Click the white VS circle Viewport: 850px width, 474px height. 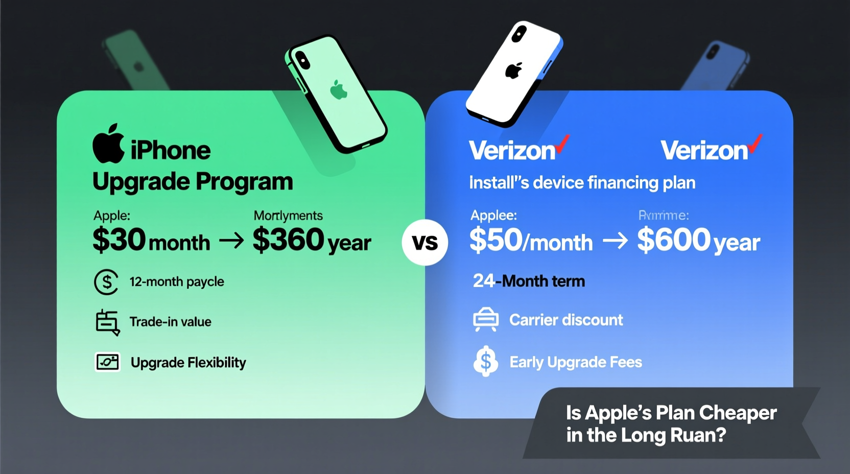click(424, 242)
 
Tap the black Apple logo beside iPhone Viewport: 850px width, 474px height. click(108, 144)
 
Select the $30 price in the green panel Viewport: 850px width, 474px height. click(119, 239)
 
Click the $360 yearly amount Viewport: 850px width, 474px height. click(289, 239)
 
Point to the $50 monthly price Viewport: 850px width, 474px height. click(496, 240)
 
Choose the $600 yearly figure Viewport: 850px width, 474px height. click(674, 239)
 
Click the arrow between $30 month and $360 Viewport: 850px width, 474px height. click(231, 241)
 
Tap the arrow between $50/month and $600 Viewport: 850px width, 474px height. click(615, 241)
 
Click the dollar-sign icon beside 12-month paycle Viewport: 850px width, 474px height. click(106, 282)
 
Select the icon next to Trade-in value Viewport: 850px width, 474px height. click(107, 322)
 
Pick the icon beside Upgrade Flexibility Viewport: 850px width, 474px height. click(107, 362)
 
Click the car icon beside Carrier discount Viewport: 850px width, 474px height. click(485, 320)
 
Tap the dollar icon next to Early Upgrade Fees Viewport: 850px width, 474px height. click(485, 362)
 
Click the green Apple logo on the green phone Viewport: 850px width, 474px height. click(338, 90)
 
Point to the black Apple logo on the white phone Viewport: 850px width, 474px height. click(513, 70)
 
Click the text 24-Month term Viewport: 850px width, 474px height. click(529, 281)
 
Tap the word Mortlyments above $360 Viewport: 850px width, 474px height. click(288, 216)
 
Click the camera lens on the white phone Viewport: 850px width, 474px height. click(520, 34)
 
